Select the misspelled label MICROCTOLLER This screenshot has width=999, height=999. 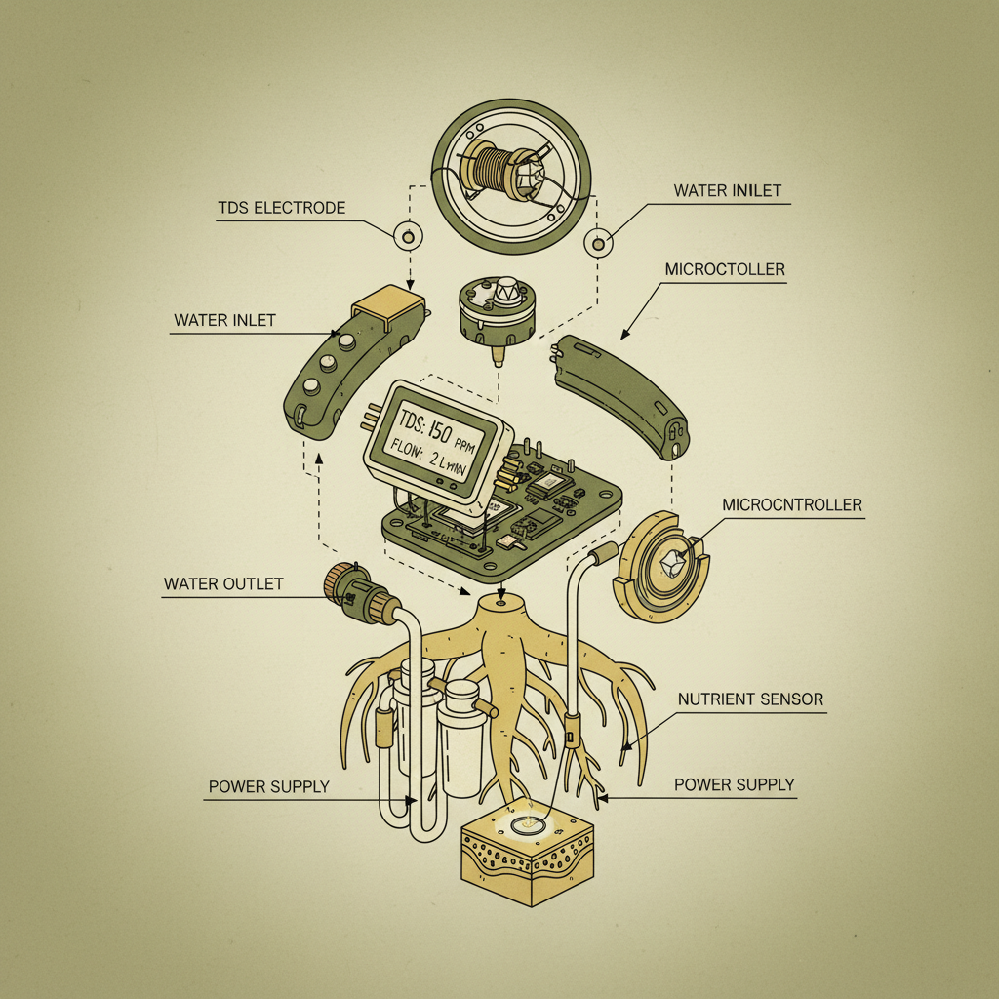[724, 268]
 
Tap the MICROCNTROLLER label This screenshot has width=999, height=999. [792, 504]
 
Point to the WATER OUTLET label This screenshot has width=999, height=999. [223, 584]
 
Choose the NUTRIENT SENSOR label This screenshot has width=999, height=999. [750, 699]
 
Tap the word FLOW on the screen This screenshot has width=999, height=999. [411, 451]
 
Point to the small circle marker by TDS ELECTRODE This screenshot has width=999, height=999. [407, 235]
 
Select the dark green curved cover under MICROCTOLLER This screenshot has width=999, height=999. [620, 394]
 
